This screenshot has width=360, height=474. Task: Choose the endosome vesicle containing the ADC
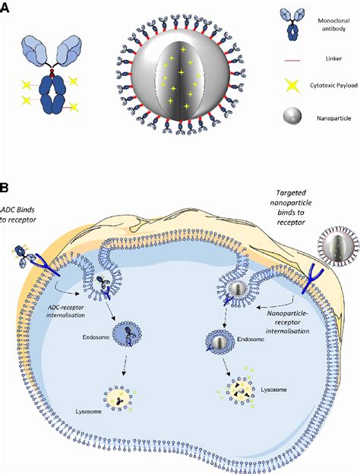point(125,334)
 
